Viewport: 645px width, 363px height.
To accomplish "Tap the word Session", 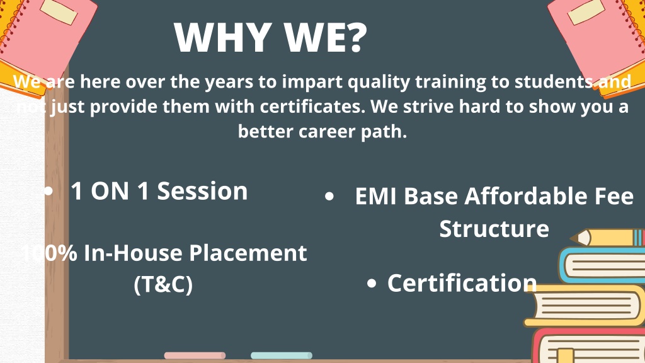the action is pyautogui.click(x=202, y=191).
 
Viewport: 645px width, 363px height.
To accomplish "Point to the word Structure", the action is pyautogui.click(x=494, y=228).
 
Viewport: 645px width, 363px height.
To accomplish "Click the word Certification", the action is pyautogui.click(x=462, y=283).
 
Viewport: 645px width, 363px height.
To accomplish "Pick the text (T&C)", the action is pyautogui.click(x=163, y=284).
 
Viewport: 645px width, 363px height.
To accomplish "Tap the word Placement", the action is pyautogui.click(x=248, y=252).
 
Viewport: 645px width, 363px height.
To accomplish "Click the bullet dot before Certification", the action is pyautogui.click(x=372, y=283).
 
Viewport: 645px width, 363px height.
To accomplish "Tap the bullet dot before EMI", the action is pyautogui.click(x=329, y=197).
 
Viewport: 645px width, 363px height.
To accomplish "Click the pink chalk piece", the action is pyautogui.click(x=195, y=355).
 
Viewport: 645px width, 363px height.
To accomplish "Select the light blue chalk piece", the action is pyautogui.click(x=282, y=355).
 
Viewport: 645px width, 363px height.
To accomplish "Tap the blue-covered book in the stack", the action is pyautogui.click(x=602, y=265).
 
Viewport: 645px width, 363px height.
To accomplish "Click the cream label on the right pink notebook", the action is pyautogui.click(x=586, y=11).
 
